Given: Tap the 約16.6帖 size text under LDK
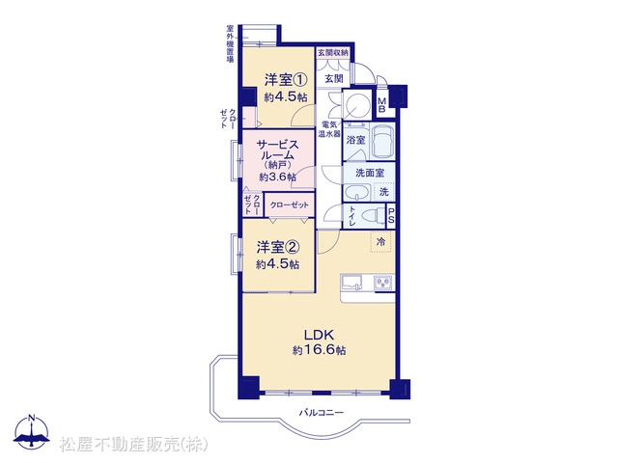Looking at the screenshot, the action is pos(320,350).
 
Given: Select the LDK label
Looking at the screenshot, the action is pos(320,335).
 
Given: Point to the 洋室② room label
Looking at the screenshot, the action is pos(278,247).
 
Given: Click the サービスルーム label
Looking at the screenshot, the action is pos(278,150).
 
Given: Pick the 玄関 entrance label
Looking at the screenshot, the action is pos(334,79).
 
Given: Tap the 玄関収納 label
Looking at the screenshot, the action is pos(333,52).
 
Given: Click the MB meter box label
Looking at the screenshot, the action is pos(381,105).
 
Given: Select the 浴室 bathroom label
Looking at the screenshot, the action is pos(355,139).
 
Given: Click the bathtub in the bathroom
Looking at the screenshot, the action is pos(383,141).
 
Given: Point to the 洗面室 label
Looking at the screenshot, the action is pos(369,173).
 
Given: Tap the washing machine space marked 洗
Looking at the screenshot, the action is pos(384,192).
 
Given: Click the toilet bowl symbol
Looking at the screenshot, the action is pos(372,216).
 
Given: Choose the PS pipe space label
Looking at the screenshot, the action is pos(390,216).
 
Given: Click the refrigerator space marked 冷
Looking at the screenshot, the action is pos(380,242).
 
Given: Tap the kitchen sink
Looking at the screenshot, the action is pos(351,283).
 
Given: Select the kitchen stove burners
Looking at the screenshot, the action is pos(383,283).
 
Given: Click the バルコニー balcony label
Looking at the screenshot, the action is pos(321,413).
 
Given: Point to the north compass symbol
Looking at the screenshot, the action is pos(32,431).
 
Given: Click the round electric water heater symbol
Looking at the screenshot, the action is pos(356,104).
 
